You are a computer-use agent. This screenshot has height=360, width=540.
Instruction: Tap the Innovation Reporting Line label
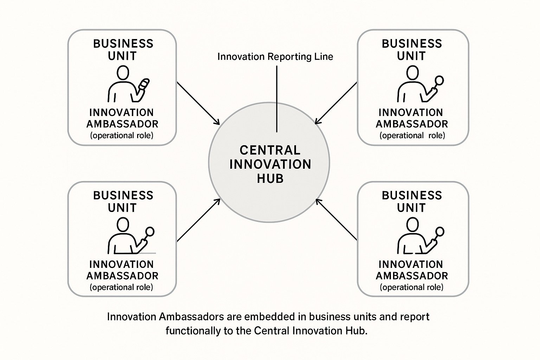[275, 57]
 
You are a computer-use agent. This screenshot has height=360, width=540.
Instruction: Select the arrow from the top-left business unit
[198, 103]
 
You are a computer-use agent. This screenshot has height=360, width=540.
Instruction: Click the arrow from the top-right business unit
[336, 103]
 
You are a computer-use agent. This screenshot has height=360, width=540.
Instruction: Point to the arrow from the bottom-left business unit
[198, 220]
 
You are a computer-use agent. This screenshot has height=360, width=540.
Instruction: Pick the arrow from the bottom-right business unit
[336, 220]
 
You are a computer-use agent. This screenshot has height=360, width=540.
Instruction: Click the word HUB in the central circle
[270, 179]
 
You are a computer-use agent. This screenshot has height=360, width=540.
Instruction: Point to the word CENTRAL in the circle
[270, 150]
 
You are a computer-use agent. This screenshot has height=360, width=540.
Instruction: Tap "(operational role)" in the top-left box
[122, 135]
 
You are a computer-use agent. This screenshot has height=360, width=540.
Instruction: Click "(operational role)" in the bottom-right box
[412, 287]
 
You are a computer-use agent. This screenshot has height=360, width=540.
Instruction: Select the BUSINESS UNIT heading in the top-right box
[412, 50]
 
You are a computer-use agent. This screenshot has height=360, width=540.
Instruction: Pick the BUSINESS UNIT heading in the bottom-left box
[123, 201]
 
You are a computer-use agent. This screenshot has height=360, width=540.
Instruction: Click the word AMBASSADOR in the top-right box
[412, 124]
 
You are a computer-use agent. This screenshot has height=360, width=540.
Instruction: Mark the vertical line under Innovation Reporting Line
[277, 98]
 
